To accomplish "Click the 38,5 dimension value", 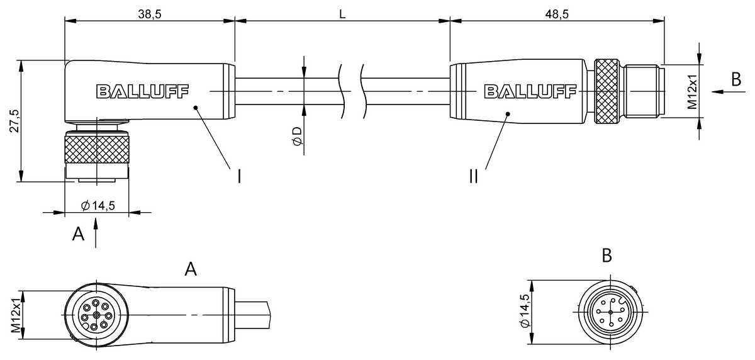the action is click(150, 14).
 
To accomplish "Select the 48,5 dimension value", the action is click(557, 14).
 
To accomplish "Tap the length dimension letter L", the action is click(342, 14).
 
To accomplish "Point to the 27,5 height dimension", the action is click(14, 121).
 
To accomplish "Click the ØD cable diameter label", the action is click(298, 136).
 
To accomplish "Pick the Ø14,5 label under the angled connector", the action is click(98, 205).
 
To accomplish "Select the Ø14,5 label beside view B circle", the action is click(525, 310).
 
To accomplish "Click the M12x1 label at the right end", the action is click(693, 91).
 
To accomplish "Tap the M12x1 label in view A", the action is click(16, 315).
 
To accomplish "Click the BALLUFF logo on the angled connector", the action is click(143, 91).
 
